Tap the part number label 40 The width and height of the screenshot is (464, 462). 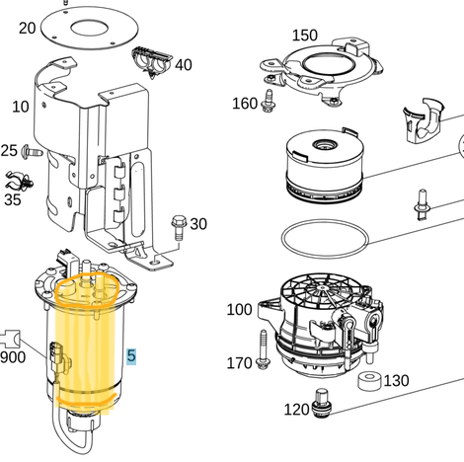pos(184,65)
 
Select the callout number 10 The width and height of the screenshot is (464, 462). pos(20,106)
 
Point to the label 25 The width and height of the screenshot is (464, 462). pos(9,151)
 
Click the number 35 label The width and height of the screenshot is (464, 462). pos(12,198)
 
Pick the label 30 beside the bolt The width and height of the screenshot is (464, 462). pos(198,224)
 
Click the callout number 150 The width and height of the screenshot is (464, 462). pos(304,36)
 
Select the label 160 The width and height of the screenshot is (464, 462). pos(245,104)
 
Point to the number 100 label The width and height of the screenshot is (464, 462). pos(239,310)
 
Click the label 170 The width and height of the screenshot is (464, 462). pos(239,363)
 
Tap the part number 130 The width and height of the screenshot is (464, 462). pos(396,381)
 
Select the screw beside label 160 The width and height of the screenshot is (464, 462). pos(268,101)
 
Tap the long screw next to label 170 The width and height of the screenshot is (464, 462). pos(264,349)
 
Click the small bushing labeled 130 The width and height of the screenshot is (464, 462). pos(366,381)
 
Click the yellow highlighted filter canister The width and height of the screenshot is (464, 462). pos(89,346)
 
